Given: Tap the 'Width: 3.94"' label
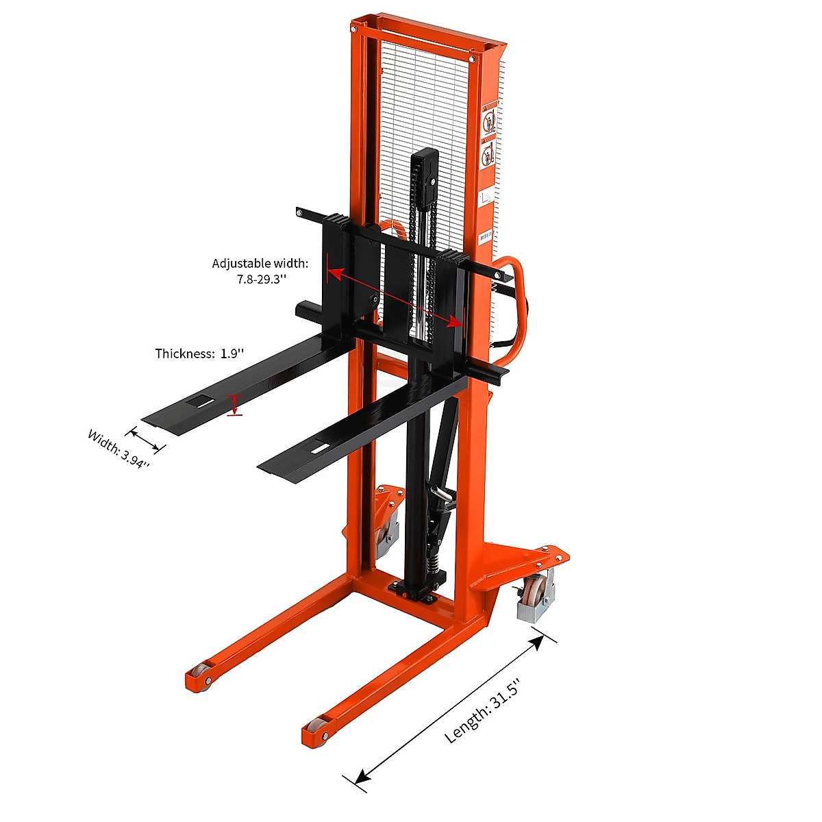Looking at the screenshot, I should pyautogui.click(x=119, y=449).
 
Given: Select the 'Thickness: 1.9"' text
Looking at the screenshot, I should pyautogui.click(x=199, y=353).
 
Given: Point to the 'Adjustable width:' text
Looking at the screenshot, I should pyautogui.click(x=260, y=263).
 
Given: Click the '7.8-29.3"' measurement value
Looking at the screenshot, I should pyautogui.click(x=261, y=279).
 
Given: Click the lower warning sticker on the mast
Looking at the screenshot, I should pyautogui.click(x=488, y=152).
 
